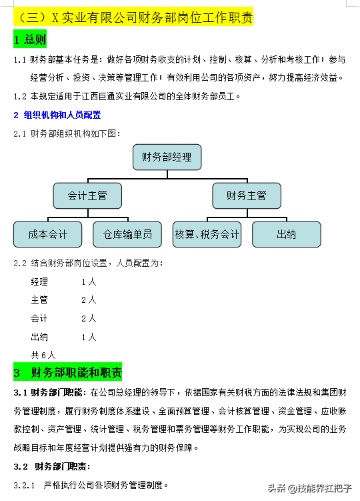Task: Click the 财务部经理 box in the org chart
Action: [167, 157]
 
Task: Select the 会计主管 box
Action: [87, 195]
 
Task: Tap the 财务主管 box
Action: [246, 195]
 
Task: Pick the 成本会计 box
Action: [48, 234]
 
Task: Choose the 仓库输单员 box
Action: [127, 234]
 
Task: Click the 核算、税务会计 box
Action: [207, 234]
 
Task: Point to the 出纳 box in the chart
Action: [286, 234]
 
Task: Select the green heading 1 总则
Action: [30, 40]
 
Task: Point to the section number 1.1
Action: [20, 60]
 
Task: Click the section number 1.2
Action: [20, 96]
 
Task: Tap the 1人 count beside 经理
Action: [89, 282]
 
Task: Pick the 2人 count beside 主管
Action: [89, 300]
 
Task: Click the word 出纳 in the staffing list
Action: [39, 337]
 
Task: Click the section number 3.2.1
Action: [24, 484]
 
